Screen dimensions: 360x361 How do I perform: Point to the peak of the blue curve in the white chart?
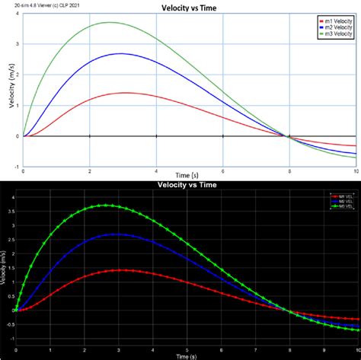click(x=120, y=53)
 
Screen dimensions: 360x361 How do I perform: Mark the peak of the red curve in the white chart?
click(x=124, y=93)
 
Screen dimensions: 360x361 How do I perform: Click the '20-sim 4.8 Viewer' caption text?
click(x=30, y=7)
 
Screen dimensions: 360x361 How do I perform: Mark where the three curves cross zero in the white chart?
click(x=288, y=136)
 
